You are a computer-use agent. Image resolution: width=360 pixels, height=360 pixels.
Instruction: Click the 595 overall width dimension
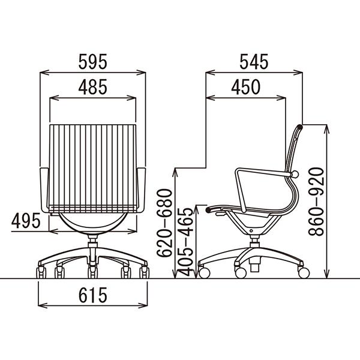pos(93,62)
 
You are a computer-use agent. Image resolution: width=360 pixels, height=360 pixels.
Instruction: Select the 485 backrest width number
pos(93,87)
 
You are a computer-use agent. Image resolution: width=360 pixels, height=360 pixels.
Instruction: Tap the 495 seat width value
pos(26,221)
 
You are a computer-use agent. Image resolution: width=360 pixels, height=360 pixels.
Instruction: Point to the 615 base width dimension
pos(93,295)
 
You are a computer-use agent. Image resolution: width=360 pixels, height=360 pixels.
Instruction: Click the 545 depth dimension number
pos(254,62)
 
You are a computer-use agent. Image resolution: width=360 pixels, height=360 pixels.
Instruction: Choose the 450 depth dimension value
pos(245,87)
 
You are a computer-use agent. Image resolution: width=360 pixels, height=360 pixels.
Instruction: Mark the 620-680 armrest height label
pos(164,223)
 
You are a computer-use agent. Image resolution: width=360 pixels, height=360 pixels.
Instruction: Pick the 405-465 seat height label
pos(185,242)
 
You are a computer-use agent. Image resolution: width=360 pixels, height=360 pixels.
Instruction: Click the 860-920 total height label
pos(316,202)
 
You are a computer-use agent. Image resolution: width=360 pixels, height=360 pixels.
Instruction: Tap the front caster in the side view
pos(204,272)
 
